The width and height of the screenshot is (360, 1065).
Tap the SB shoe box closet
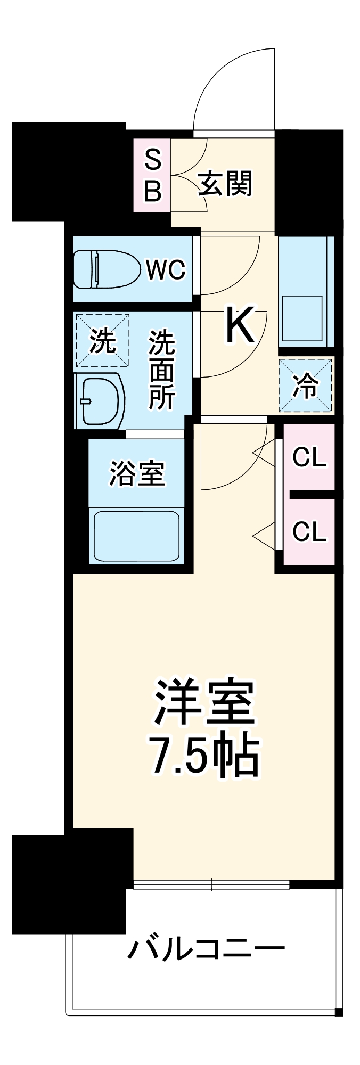pyautogui.click(x=152, y=176)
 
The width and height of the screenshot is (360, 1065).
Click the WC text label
pyautogui.click(x=166, y=270)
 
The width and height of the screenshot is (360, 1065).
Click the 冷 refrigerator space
pyautogui.click(x=306, y=386)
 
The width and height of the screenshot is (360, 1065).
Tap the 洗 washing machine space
pyautogui.click(x=102, y=341)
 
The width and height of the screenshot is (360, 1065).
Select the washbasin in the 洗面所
pyautogui.click(x=101, y=401)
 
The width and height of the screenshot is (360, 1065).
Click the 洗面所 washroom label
pyautogui.click(x=162, y=370)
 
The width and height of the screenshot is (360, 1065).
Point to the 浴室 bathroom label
pyautogui.click(x=137, y=473)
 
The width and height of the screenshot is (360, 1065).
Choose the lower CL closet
pyautogui.click(x=309, y=531)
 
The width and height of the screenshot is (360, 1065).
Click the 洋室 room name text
pyautogui.click(x=204, y=702)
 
